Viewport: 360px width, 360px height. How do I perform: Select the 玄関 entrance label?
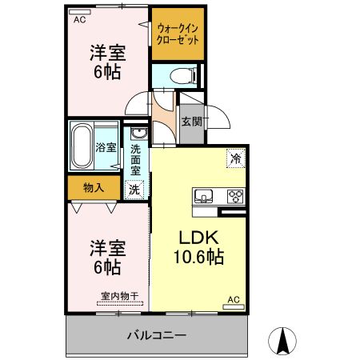pyautogui.click(x=190, y=122)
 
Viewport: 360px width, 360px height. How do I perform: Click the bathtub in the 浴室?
pyautogui.click(x=82, y=147)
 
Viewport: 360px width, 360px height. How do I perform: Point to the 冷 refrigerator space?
pyautogui.click(x=236, y=158)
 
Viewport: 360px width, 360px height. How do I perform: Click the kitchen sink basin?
pyautogui.click(x=202, y=195)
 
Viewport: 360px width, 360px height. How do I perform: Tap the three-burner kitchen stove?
pyautogui.click(x=236, y=195)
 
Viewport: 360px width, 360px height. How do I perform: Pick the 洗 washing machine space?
pyautogui.click(x=134, y=190)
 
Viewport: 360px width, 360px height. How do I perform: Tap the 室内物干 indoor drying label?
pyautogui.click(x=118, y=296)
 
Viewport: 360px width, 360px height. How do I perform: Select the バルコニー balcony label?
pyautogui.click(x=157, y=334)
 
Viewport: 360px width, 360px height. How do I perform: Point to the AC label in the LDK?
pyautogui.click(x=233, y=300)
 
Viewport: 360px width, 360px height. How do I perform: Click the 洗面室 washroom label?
pyautogui.click(x=135, y=158)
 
